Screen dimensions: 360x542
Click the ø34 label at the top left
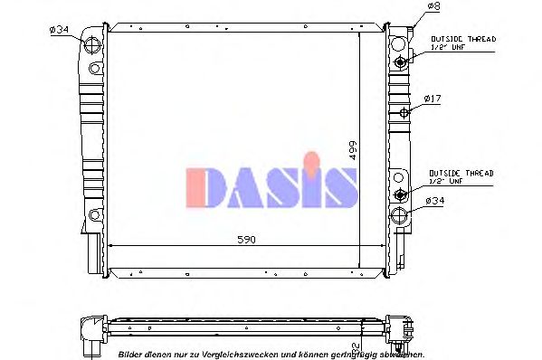point(58,31)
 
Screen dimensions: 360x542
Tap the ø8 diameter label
point(433,8)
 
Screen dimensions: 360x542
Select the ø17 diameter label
point(433,97)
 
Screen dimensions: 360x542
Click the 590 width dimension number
point(247,240)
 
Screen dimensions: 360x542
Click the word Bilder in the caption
point(132,355)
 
